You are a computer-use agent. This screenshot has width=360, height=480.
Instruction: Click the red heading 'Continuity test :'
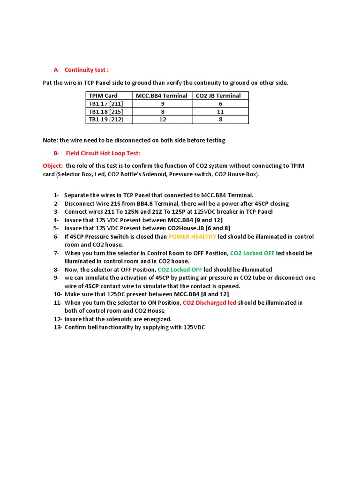[x=86, y=70]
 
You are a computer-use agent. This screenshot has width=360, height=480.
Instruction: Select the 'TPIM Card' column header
[x=103, y=96]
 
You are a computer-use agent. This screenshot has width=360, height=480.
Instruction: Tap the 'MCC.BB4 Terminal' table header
[x=162, y=96]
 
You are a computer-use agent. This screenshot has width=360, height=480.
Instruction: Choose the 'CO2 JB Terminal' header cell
[x=218, y=96]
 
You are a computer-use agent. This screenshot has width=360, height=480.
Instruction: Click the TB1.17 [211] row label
[x=106, y=104]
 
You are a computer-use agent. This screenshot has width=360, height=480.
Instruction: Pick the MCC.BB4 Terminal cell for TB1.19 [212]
[x=163, y=120]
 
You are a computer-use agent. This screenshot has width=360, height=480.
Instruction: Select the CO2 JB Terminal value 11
[x=220, y=112]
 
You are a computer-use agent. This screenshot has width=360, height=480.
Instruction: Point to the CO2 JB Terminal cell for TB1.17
[x=220, y=104]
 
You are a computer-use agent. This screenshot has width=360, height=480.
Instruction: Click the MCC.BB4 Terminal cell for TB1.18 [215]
[x=163, y=112]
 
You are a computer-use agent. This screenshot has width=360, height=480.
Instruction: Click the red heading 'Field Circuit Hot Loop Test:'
[x=103, y=153]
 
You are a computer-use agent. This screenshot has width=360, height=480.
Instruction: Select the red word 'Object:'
[x=52, y=166]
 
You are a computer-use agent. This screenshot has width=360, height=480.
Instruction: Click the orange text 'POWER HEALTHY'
[x=192, y=237]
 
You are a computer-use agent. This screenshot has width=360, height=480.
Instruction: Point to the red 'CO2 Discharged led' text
[x=210, y=303]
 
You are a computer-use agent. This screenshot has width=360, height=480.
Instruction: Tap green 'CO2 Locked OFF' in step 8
[x=180, y=270]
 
